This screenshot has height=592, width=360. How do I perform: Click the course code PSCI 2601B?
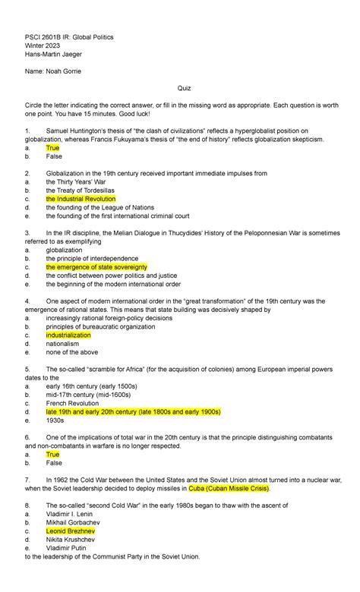point(47,36)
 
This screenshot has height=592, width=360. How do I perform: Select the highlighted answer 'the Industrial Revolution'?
point(81,198)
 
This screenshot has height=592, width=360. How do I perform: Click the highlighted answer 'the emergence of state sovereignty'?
point(96,267)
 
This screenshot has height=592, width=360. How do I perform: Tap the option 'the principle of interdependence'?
point(93,259)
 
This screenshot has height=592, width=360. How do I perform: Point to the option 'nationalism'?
point(62,343)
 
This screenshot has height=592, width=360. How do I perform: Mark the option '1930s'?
point(55,420)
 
